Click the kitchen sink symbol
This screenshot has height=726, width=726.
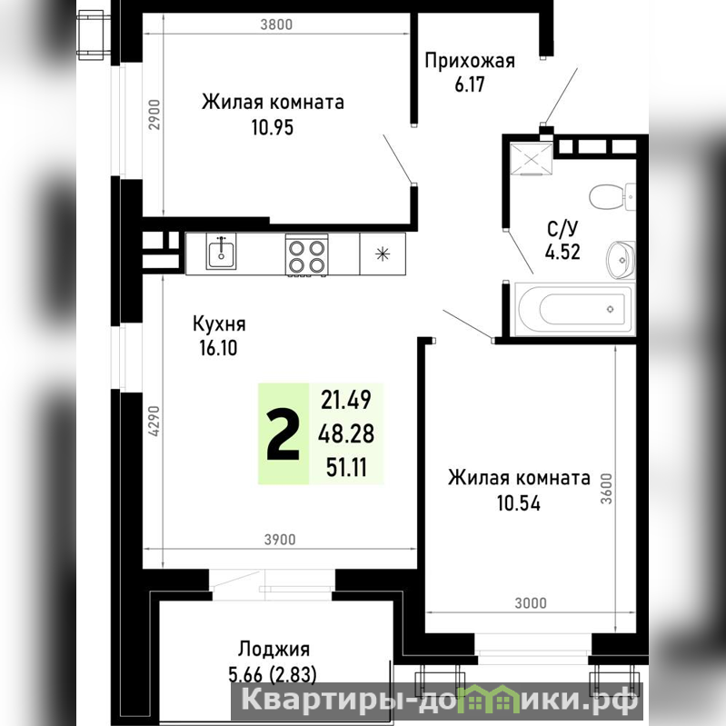click(x=221, y=251)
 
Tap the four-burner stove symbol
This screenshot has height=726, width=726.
click(x=306, y=255)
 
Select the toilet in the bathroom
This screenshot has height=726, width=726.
click(x=612, y=197)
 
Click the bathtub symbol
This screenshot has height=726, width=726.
click(x=574, y=309)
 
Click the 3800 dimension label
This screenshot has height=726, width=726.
click(x=276, y=25)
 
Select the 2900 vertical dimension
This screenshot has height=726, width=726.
click(x=154, y=114)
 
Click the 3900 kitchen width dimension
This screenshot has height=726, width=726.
click(x=280, y=540)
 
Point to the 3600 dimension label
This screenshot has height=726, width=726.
click(x=606, y=489)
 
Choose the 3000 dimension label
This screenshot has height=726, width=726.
click(x=531, y=603)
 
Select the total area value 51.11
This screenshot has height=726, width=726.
click(x=346, y=467)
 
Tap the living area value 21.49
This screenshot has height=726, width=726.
click(x=346, y=400)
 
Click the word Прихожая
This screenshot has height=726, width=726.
click(x=470, y=61)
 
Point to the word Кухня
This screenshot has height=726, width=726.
click(x=219, y=323)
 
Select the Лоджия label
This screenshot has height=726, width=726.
click(x=273, y=650)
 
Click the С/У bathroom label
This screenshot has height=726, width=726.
click(x=562, y=229)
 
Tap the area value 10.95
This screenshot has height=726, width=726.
click(x=273, y=127)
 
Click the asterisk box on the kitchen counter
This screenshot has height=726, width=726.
click(x=383, y=254)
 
